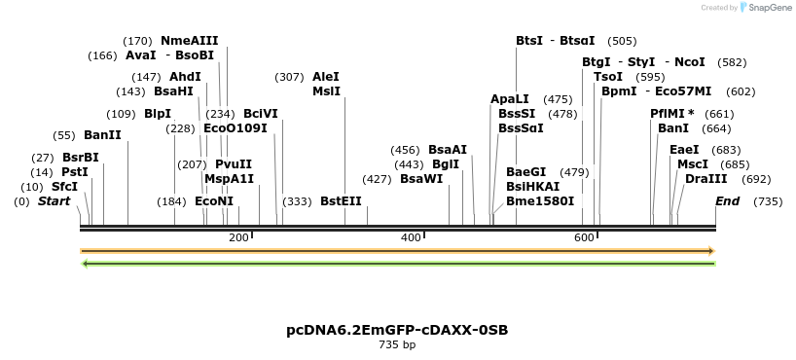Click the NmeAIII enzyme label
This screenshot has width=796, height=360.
coord(189,41)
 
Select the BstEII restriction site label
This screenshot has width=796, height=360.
coord(341,201)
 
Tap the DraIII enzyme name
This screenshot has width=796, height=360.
coord(706,179)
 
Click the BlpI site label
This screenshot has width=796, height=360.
coord(158,114)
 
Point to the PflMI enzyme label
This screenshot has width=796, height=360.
coord(671,114)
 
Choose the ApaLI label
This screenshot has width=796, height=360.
coord(510,99)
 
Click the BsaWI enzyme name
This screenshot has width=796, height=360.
coord(421,179)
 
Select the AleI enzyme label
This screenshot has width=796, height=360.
coord(326,77)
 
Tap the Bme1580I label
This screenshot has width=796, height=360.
coord(540,201)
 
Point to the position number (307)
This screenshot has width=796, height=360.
coord(290,77)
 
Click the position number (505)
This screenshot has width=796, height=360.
coord(622,41)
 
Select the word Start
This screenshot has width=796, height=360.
coord(54,201)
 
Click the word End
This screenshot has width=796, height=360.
coord(727,201)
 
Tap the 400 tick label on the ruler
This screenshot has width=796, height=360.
coord(411,237)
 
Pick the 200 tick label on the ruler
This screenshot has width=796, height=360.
coord(238,237)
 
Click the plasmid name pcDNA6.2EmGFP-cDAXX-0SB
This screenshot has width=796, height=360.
coord(397,330)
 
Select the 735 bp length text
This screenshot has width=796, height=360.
coord(397,344)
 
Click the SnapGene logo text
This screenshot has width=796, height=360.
coord(769,8)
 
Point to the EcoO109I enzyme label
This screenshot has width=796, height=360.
coord(235,128)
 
